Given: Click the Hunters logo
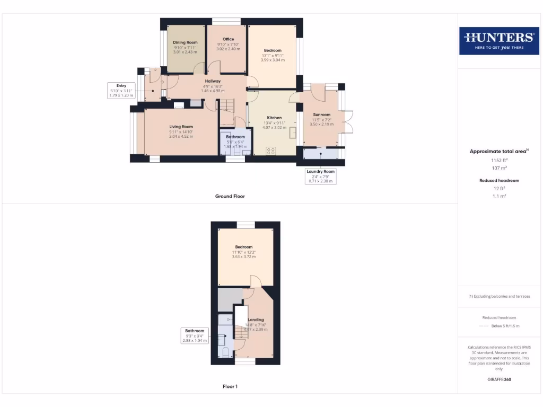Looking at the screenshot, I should point(498,40).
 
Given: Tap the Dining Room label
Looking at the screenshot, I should point(185,42).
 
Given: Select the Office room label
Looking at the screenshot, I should point(228,39).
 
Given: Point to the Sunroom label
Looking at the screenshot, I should point(321,114).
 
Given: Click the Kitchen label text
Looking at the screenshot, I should point(274,118).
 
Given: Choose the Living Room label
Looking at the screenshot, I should point(181,127).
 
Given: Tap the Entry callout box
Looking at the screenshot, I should point(121,91).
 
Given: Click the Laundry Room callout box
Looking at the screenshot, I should point(320,176).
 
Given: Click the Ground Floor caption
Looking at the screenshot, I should point(230,196).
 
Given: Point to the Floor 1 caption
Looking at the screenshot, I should point(230,386).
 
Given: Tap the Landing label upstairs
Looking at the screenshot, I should point(256,320).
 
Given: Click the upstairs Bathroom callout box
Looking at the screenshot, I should point(195,335).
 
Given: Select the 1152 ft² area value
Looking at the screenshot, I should point(498,160).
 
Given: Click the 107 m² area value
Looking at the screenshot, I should point(498,167).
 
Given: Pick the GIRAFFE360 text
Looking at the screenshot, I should point(498,379).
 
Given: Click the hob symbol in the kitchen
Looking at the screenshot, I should point(271,151).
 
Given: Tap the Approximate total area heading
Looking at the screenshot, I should point(498,152).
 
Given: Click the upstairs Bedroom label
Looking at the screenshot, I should point(244,247).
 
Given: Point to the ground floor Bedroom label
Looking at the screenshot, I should point(273,50).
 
